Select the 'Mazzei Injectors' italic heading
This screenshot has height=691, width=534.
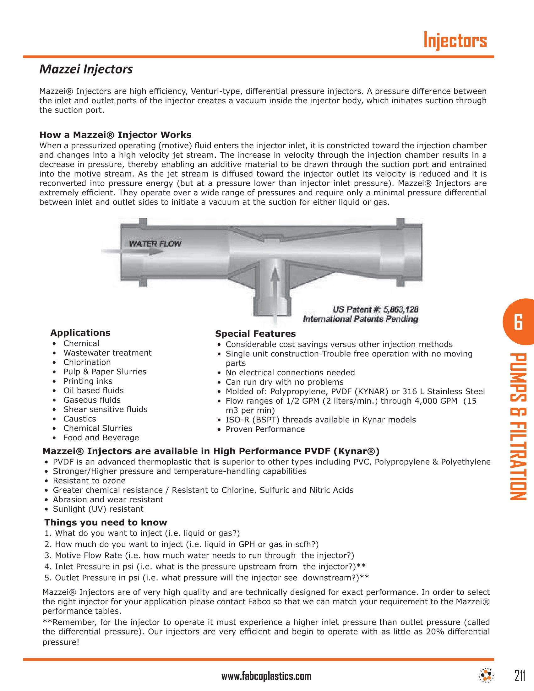click(86, 69)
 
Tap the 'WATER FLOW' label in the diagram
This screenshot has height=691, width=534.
click(155, 244)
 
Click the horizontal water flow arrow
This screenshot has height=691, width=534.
click(133, 252)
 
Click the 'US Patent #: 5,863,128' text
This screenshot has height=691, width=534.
click(375, 309)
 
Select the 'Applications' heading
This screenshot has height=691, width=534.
click(80, 333)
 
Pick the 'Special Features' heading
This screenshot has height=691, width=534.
click(255, 334)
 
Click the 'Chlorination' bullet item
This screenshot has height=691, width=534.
click(87, 362)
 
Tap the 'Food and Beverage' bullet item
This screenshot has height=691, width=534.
click(101, 438)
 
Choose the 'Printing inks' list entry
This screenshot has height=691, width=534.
click(88, 381)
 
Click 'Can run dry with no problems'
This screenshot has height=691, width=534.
click(284, 382)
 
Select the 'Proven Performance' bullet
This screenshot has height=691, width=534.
click(265, 429)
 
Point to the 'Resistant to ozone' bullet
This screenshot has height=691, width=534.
click(89, 481)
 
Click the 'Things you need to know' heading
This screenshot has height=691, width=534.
click(106, 522)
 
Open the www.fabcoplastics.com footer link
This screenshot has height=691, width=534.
click(266, 677)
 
